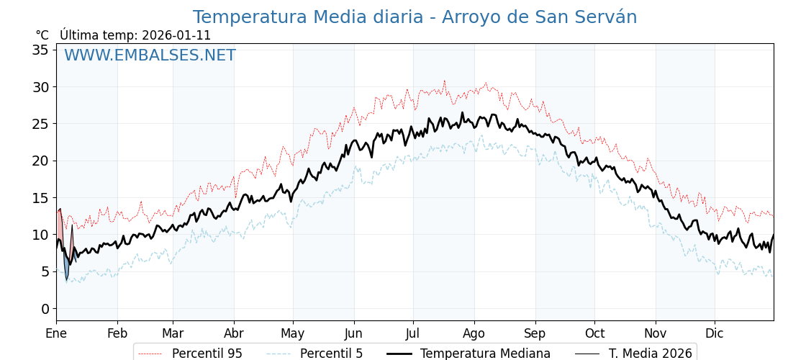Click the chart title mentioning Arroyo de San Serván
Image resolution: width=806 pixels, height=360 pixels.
click(x=415, y=17)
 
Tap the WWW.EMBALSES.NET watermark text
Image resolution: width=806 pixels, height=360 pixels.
click(x=150, y=55)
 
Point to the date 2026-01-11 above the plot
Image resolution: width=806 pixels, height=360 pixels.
click(x=176, y=35)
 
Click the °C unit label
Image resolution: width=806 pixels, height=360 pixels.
click(x=42, y=35)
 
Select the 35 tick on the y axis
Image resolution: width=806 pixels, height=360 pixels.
click(x=40, y=50)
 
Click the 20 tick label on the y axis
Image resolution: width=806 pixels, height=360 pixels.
click(x=40, y=161)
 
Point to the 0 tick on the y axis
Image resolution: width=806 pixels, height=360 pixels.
click(x=45, y=309)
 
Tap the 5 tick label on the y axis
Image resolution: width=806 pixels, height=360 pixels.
click(x=45, y=271)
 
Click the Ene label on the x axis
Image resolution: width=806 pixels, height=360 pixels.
click(x=56, y=333)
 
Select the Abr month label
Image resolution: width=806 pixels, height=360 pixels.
click(x=233, y=333)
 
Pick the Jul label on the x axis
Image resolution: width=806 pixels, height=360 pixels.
click(x=413, y=333)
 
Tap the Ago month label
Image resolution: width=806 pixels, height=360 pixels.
click(x=474, y=333)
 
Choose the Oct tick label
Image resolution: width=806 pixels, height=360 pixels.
click(x=594, y=333)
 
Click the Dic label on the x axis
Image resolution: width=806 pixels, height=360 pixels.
click(x=715, y=333)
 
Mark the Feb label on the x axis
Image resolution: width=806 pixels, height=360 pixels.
click(x=117, y=333)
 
